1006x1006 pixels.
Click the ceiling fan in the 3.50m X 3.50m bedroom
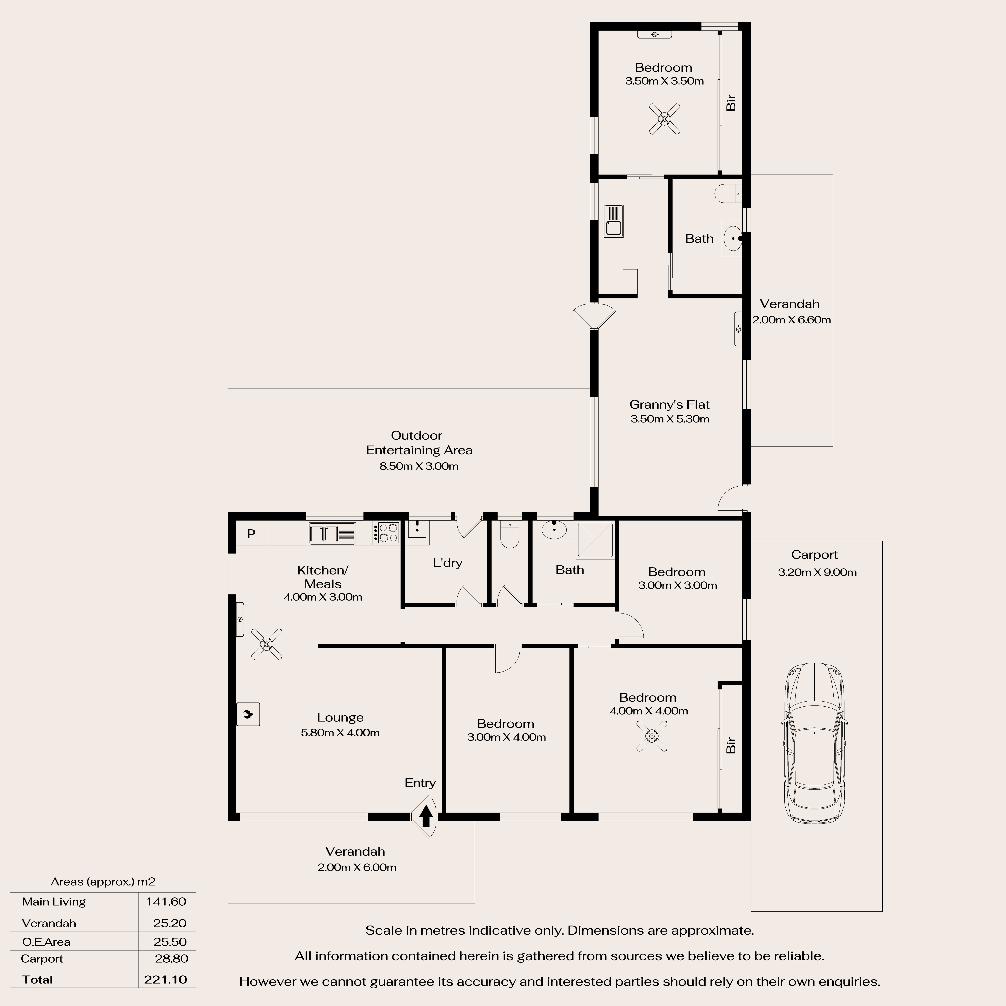point(664,119)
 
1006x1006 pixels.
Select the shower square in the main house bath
point(595,540)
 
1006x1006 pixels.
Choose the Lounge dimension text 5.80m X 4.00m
point(340,733)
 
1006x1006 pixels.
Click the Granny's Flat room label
point(670,405)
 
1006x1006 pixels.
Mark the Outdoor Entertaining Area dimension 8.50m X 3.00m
point(419,466)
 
